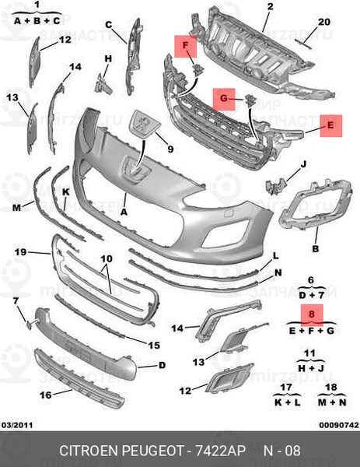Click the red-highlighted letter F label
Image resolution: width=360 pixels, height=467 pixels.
pos(185,46)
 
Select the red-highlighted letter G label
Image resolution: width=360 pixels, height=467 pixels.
pos(224,99)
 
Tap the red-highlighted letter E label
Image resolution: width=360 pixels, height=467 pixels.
pos(331,125)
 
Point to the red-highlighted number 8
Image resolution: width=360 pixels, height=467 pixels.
pos(312,314)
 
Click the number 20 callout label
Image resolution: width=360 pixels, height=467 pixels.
pos(324,22)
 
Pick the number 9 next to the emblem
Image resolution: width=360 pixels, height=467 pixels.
pos(170,149)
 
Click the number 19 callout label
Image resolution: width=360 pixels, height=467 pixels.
pos(21,252)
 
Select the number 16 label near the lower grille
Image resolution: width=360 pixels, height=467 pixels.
pos(46,395)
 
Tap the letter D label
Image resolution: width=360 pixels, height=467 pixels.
pos(162,365)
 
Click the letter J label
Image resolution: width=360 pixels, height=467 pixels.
pos(303,164)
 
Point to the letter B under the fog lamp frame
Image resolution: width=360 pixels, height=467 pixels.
pos(316,248)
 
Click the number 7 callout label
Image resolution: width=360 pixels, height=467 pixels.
pos(16,300)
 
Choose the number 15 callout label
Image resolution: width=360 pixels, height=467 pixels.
pos(154,345)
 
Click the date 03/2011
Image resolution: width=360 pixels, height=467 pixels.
pos(17,425)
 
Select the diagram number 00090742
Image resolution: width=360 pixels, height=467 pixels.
pos(339,425)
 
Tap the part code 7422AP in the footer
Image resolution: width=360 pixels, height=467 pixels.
pos(221,451)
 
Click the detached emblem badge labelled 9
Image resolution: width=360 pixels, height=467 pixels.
pos(145,125)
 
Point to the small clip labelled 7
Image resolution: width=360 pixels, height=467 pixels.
pos(30,324)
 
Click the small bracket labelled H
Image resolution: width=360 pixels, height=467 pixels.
pos(103,84)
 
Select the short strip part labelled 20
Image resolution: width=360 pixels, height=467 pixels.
pos(303,44)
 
